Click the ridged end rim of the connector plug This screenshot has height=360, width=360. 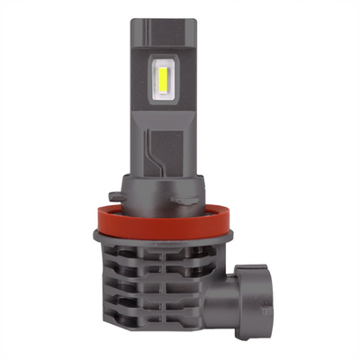[284, 297]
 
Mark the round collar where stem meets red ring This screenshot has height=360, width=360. [180, 212]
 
